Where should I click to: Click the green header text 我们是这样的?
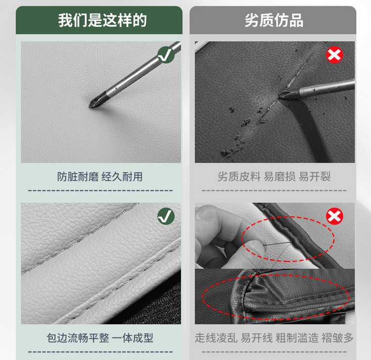(102, 20)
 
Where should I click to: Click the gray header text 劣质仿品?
(274, 20)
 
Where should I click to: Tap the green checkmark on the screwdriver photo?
(166, 54)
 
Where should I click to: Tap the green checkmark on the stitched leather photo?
(166, 216)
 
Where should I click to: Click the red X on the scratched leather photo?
(334, 54)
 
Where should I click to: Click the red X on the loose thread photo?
(334, 216)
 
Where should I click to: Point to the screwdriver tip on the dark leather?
(280, 95)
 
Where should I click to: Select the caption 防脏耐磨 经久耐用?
(100, 177)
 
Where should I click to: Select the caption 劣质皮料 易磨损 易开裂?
(274, 177)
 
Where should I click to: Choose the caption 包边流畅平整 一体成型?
(100, 338)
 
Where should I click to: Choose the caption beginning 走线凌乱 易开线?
(274, 338)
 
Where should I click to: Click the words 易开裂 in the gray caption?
(315, 177)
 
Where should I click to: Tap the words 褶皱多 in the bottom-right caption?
(337, 338)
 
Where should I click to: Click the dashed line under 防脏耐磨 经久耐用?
(100, 191)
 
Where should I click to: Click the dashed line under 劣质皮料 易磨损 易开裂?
(274, 191)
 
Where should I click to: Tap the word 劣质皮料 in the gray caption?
(239, 177)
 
